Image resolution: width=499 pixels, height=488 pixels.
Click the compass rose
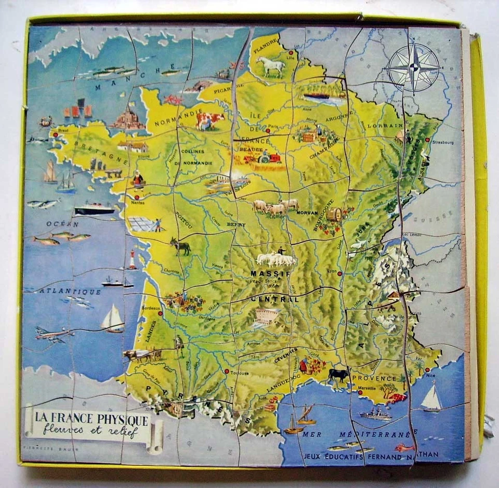413,67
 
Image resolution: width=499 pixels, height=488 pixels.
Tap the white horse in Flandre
271,65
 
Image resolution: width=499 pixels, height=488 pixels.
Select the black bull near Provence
338,374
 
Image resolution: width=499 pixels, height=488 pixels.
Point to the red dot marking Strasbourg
427,139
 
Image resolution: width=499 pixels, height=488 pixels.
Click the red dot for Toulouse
227,371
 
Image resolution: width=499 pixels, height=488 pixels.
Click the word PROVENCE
374,378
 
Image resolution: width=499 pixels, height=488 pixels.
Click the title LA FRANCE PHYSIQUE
92,419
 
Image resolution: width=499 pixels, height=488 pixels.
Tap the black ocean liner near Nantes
94,210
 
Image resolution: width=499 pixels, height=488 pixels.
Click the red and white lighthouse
132,259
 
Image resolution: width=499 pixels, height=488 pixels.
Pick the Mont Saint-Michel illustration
128,119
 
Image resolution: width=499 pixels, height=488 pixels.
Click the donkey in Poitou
180,246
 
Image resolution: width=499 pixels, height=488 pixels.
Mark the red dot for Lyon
339,272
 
